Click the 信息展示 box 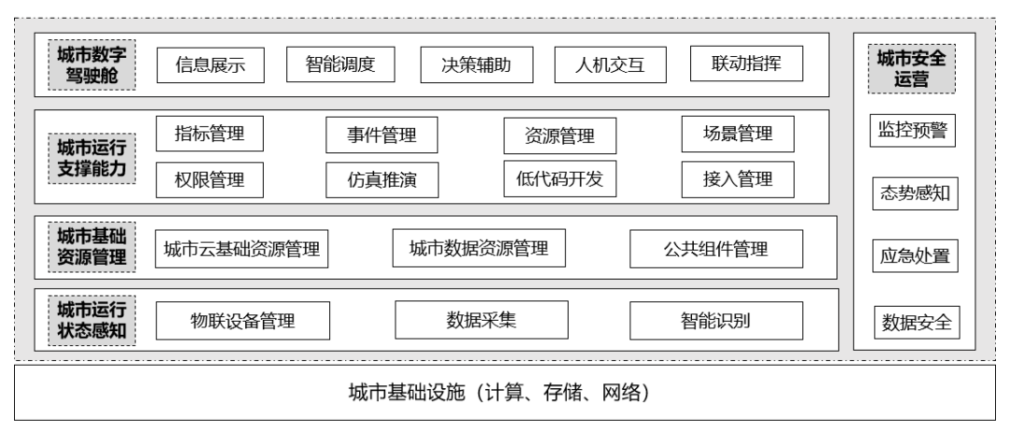point(210,65)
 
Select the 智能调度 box point(340,65)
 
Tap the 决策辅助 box point(477,65)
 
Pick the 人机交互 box point(610,65)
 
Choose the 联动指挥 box point(746,63)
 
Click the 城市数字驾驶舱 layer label point(92,65)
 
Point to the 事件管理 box point(382,135)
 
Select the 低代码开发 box point(560,179)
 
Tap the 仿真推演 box point(382,180)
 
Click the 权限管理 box point(209,180)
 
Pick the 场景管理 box point(738,134)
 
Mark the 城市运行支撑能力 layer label point(92,158)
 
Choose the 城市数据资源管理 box point(479,248)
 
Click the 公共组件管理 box point(715,249)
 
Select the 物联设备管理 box point(242,321)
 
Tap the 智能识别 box point(715,320)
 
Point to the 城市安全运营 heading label point(912,68)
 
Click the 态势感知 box point(916,194)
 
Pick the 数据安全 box point(916,322)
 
